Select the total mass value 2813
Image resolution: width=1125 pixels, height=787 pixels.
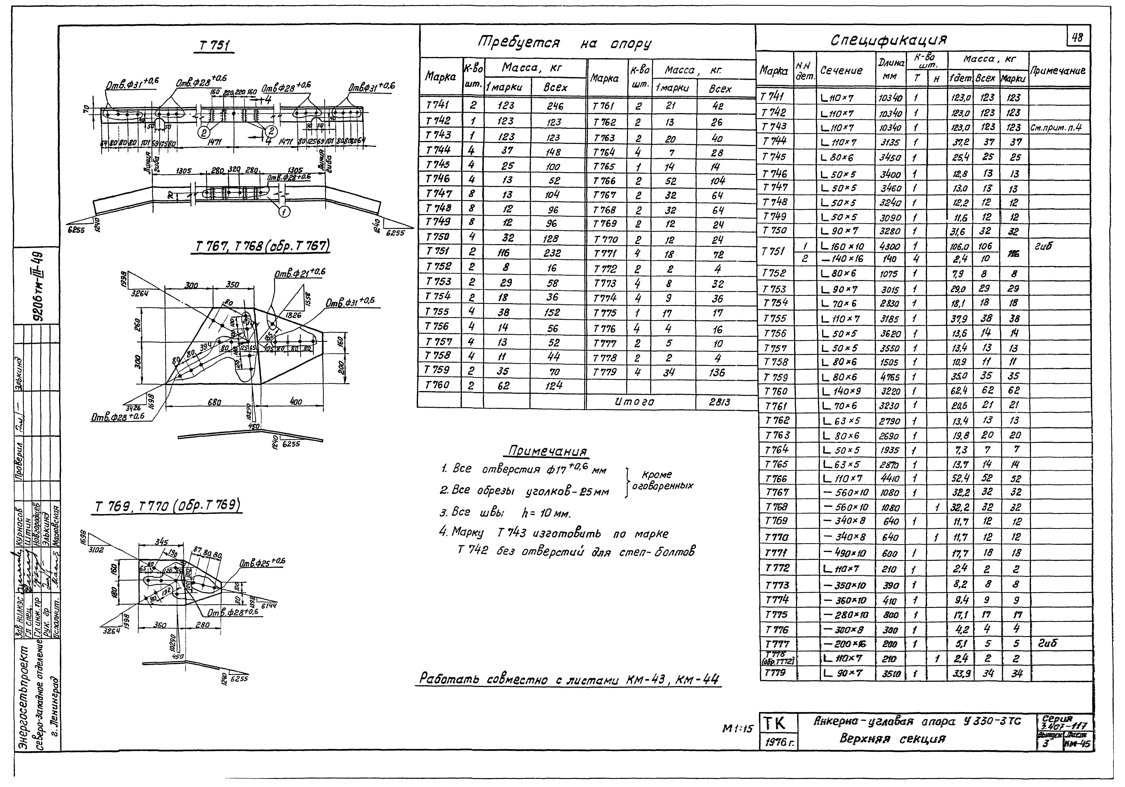pos(719,402)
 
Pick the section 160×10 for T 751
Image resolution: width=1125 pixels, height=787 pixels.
pos(847,246)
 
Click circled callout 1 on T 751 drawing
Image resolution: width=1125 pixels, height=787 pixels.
pos(285,212)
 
